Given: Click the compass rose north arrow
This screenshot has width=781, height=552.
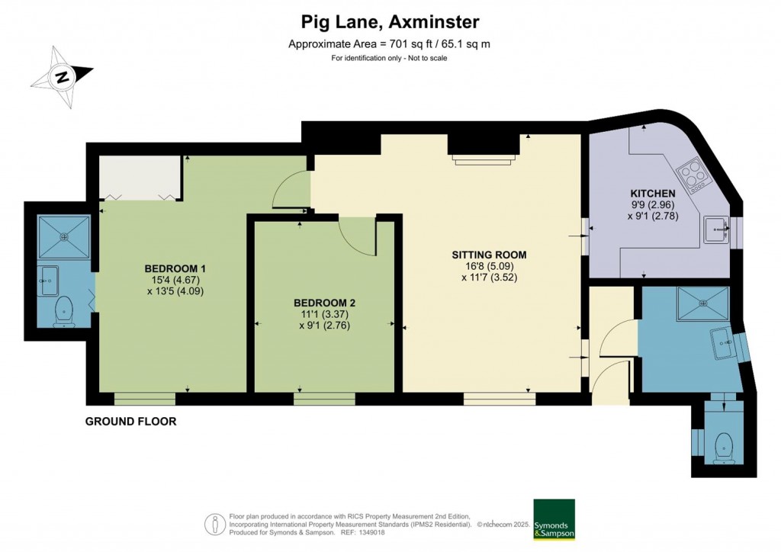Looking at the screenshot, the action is (x=63, y=77).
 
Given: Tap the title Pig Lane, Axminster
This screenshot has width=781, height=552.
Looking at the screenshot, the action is (x=390, y=22).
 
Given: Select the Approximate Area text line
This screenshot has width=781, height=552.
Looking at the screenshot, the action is (x=389, y=43).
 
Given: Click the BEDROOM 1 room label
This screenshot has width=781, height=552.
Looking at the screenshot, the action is (x=175, y=268).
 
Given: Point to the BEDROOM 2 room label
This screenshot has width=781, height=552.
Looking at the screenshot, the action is (x=324, y=303).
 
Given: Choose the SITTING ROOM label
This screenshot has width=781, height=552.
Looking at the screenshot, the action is (x=489, y=255).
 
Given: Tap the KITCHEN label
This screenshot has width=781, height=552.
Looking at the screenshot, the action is (x=653, y=193).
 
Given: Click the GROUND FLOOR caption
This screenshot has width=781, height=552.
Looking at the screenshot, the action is (x=131, y=422).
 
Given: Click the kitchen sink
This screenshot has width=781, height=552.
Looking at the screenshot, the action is (x=716, y=230).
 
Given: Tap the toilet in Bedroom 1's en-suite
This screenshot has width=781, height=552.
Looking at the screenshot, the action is (x=64, y=312).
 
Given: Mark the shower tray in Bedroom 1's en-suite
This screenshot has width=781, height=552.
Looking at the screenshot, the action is (x=64, y=237).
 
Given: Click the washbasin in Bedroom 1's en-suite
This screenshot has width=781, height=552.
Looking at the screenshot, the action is (x=49, y=281).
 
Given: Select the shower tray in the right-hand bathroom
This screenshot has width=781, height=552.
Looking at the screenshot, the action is (x=703, y=303).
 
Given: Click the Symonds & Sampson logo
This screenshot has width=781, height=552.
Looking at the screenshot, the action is (x=554, y=519).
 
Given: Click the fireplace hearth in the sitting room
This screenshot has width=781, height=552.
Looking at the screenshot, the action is (x=483, y=159).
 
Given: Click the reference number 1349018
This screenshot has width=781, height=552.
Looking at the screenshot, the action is (x=370, y=532).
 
